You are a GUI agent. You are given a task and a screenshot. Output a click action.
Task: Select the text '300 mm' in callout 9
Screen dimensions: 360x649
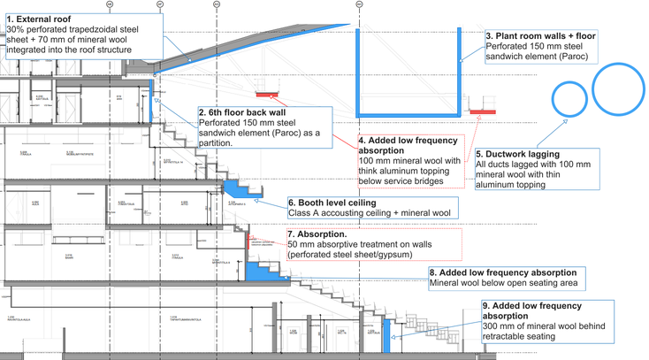501,326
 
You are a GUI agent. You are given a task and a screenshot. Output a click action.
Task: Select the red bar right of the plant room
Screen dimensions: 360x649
483,112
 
